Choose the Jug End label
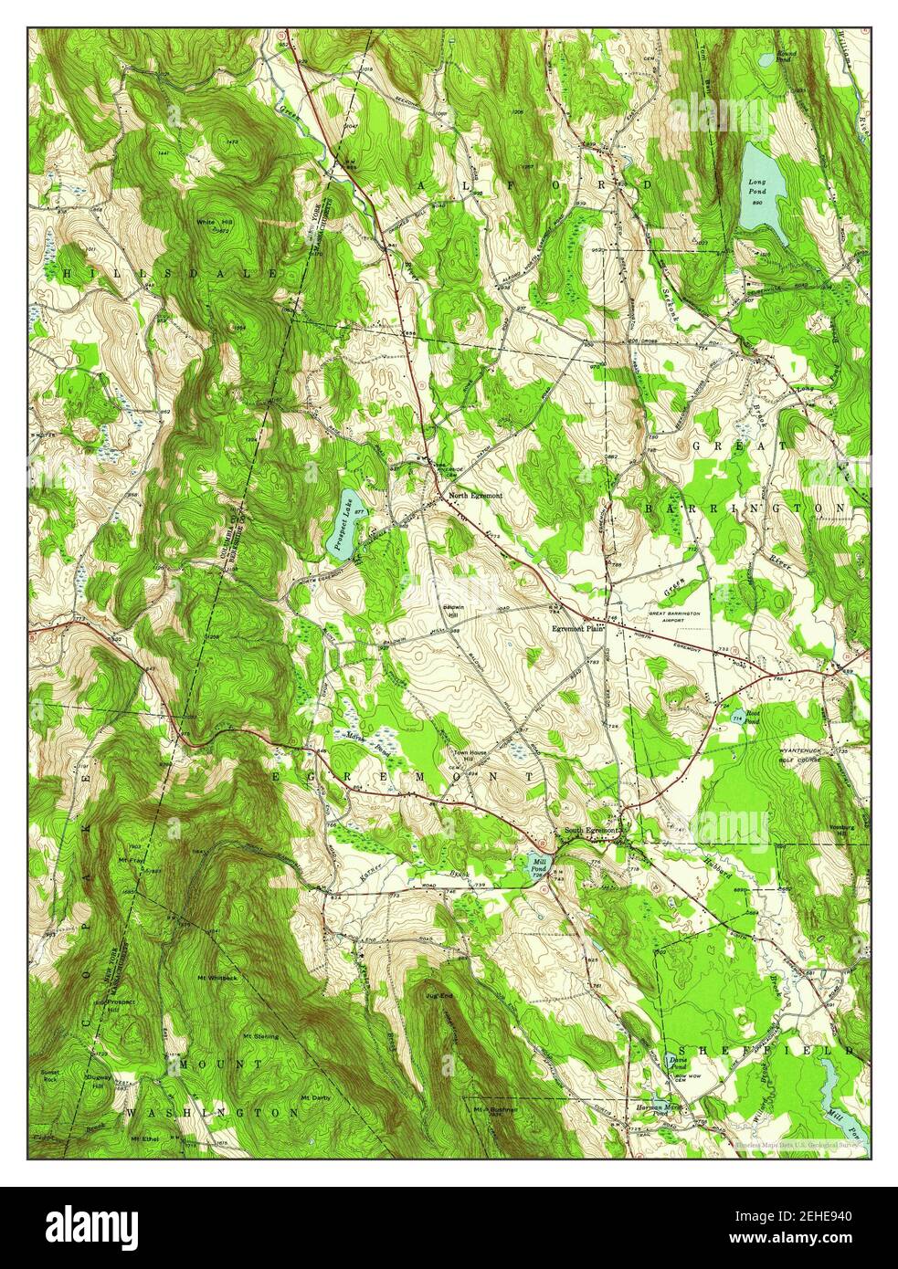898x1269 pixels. [440, 997]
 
